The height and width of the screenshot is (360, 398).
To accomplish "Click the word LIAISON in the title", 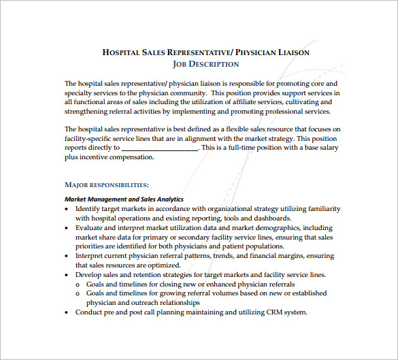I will pos(290,52).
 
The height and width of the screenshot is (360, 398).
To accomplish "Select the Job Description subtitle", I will pos(205,64).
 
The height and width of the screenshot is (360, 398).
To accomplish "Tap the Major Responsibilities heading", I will pos(106,184).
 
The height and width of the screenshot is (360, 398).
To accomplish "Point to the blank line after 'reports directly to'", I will pos(160,147).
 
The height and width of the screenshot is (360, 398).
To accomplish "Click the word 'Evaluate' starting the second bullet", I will pos(90,228).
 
